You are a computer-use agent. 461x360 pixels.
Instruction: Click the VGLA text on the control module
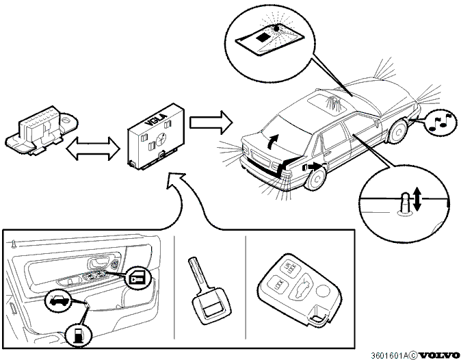click(157, 119)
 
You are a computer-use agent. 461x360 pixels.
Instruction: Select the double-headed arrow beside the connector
click(93, 149)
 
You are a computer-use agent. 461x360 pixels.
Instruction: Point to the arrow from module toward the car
click(211, 123)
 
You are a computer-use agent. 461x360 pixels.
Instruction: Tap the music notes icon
click(440, 122)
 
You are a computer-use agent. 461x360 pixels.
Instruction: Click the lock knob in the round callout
click(405, 203)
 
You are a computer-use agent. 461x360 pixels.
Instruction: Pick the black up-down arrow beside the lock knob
click(417, 199)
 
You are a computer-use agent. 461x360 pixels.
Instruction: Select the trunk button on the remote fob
click(302, 289)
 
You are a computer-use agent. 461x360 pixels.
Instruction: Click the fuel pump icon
click(78, 335)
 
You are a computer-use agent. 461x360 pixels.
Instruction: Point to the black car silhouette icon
click(58, 300)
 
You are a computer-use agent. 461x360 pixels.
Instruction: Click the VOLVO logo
click(438, 355)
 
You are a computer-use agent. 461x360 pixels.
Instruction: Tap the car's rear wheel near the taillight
click(315, 178)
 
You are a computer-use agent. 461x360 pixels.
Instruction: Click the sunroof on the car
click(328, 101)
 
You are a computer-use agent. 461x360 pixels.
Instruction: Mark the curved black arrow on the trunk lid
click(273, 142)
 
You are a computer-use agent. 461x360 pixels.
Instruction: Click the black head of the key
click(211, 306)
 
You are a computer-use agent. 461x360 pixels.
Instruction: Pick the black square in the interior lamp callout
click(262, 38)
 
